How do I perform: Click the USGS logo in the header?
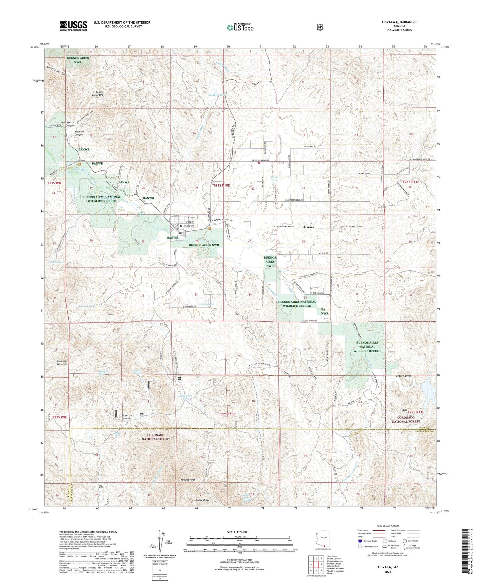[x=74, y=26]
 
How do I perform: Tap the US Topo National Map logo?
[x=240, y=27]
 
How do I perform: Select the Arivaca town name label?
[x=308, y=227]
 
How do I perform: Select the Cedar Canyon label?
[x=403, y=376]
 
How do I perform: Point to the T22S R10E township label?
[x=227, y=414]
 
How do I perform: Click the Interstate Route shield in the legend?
[x=360, y=541]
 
